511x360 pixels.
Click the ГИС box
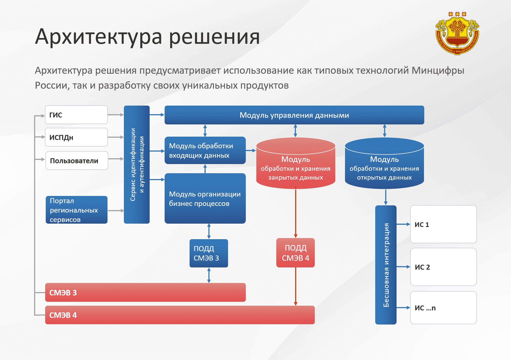(76, 115)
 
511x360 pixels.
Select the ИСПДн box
(76, 137)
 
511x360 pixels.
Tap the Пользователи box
(77, 160)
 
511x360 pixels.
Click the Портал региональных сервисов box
(76, 210)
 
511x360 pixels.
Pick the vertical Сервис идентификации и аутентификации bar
(137, 164)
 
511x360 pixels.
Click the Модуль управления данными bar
(294, 115)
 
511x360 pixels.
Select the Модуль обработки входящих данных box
(205, 150)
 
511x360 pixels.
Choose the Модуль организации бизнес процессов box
(205, 198)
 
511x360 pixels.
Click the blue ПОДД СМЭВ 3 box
(209, 253)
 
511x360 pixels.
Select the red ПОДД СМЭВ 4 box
(295, 253)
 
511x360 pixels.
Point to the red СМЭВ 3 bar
(145, 292)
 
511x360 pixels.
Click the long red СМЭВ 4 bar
(180, 315)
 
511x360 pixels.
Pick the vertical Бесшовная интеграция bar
(386, 265)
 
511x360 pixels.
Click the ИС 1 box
(443, 224)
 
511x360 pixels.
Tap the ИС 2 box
(443, 267)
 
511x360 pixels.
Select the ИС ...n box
(443, 308)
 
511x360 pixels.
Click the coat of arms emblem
(457, 34)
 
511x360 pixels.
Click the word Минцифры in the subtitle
(438, 70)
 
